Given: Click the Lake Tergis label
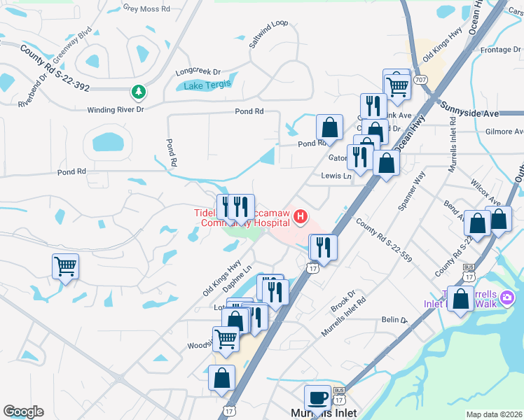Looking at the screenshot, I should point(207,85).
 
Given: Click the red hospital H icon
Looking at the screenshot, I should point(301,217).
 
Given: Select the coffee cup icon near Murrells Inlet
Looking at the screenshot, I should point(318,398).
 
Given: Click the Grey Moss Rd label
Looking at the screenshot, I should point(146,8).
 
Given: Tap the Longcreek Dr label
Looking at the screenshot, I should point(198,71).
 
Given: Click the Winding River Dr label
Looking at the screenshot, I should point(116,110).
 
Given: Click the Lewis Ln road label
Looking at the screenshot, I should point(336,176).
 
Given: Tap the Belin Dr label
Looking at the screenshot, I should point(394,320).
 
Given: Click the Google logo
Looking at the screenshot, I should point(24,412).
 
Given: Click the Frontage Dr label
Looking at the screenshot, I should point(502,50).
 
